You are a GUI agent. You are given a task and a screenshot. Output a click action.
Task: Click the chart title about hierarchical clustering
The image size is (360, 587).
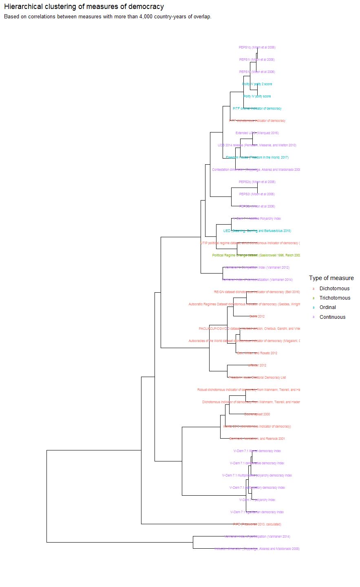point(84,7)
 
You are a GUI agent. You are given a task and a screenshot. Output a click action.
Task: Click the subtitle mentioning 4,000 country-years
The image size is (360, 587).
point(108,17)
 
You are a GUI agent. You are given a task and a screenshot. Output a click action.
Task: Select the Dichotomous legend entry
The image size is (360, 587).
point(334,289)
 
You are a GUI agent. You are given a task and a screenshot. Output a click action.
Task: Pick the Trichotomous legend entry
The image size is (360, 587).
point(335,298)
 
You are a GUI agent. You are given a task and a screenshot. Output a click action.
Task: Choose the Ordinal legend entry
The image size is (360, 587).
point(328,307)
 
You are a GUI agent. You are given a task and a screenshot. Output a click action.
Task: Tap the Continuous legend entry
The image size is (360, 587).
point(332,317)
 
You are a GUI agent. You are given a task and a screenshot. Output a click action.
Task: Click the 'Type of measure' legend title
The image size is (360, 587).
point(331,278)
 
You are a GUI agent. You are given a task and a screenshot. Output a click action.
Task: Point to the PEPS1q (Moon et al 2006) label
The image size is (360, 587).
point(257,48)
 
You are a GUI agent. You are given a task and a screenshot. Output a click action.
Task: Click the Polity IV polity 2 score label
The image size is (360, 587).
point(257,84)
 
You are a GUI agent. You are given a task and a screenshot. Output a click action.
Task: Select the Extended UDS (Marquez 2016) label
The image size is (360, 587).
point(257,133)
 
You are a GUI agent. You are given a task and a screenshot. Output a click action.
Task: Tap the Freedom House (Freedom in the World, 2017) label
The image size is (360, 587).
point(257,158)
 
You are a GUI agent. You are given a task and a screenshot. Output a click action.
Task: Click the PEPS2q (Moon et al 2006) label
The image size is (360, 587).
point(257,182)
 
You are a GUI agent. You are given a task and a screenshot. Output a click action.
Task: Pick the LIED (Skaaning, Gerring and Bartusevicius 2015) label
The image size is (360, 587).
point(257,231)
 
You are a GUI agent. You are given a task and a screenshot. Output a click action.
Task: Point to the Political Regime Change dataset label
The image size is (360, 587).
point(256,256)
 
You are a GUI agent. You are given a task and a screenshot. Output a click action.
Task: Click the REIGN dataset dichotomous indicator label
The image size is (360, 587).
point(257,292)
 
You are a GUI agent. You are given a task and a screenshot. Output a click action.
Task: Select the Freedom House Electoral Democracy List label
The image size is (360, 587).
point(257,378)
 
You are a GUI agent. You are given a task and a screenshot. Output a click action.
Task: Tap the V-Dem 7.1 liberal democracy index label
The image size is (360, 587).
point(257,451)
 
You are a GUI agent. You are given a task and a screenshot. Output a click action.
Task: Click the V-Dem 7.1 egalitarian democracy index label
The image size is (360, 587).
point(257,512)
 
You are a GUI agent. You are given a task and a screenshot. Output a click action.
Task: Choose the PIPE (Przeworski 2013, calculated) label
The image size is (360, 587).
point(257,525)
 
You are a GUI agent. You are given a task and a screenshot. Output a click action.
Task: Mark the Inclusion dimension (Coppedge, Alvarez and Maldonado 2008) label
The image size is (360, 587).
point(257,549)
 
